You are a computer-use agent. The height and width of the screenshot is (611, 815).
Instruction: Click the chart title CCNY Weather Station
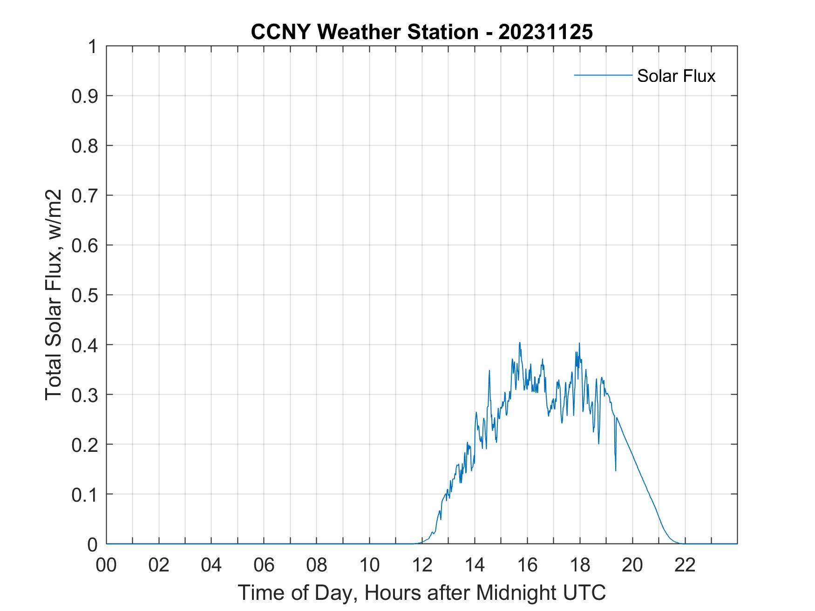click(x=364, y=32)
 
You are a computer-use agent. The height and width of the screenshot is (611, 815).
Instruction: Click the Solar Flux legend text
click(x=676, y=76)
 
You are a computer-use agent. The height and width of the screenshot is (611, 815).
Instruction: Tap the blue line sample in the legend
click(x=603, y=75)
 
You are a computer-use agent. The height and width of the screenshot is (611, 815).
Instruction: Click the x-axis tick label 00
click(x=106, y=565)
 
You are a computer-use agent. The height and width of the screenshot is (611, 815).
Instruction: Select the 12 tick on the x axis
click(x=422, y=565)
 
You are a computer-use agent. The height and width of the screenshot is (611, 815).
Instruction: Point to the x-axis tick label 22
click(x=685, y=565)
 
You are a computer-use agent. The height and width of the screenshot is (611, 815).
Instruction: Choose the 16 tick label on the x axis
click(x=527, y=565)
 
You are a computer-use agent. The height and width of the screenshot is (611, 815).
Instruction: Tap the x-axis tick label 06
click(x=264, y=565)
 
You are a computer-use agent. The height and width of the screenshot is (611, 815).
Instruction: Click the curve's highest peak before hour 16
click(x=519, y=343)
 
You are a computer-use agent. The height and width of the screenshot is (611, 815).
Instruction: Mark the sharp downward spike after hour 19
click(x=616, y=470)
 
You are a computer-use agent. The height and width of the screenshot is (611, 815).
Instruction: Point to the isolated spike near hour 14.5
click(x=489, y=371)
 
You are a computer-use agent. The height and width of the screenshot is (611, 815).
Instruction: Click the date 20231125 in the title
click(x=545, y=32)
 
